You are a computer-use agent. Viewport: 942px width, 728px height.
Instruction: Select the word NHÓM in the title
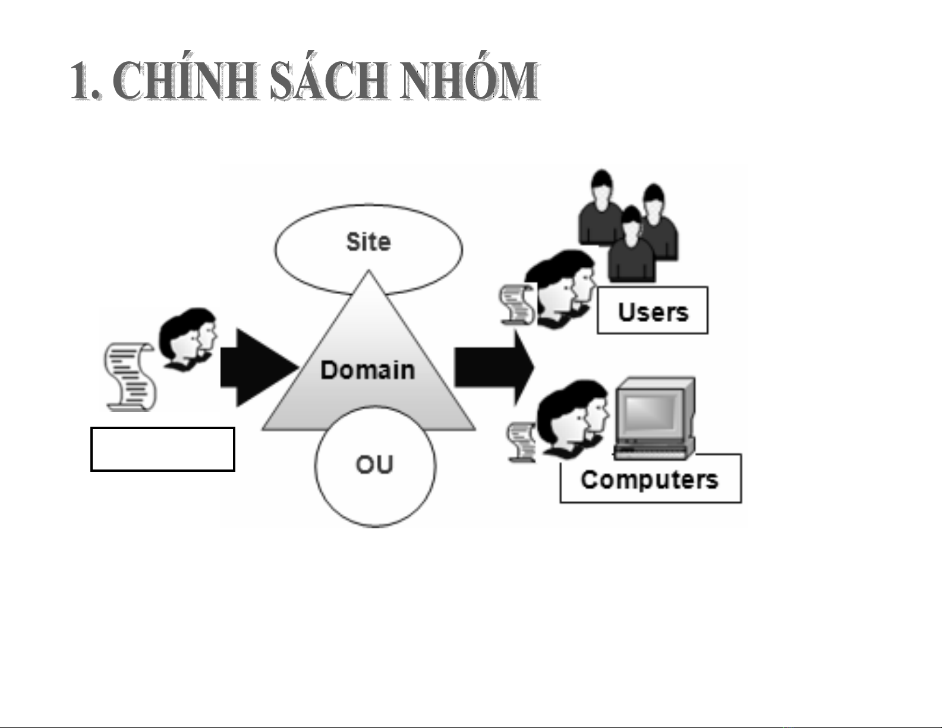(x=469, y=81)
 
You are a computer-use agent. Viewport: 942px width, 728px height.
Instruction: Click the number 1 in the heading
(x=81, y=81)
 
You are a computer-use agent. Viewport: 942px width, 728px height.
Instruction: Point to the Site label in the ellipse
(x=368, y=242)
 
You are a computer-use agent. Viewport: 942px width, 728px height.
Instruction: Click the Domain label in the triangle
(x=367, y=370)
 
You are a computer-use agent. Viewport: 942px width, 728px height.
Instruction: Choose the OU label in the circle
(x=374, y=464)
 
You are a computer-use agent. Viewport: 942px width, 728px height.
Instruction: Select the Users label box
(x=653, y=311)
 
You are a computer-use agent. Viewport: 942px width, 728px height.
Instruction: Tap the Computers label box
(x=650, y=479)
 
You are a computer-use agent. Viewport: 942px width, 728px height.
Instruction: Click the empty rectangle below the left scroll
(x=162, y=449)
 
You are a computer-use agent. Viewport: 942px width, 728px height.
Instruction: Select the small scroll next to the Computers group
(x=521, y=441)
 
